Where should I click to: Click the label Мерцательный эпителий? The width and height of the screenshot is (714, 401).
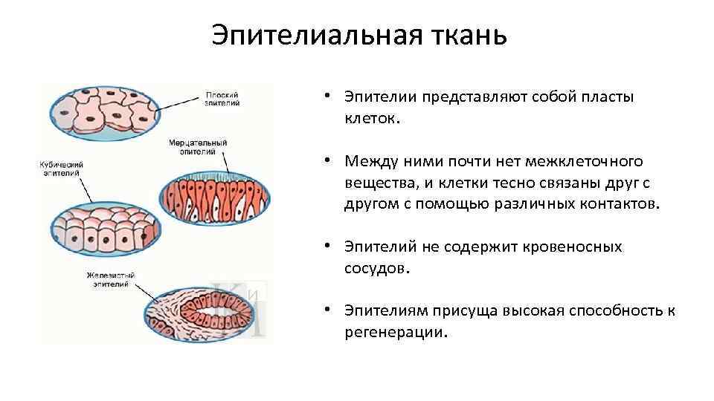[x=197, y=146]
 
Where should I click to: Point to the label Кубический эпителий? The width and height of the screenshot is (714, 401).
[x=62, y=168]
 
